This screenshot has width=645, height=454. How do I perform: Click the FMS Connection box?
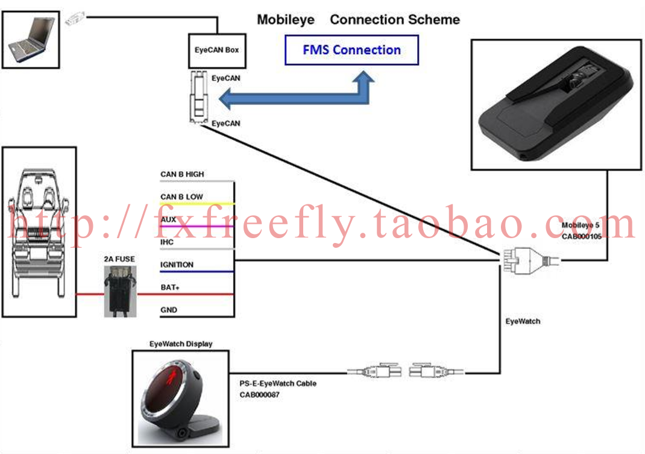351,50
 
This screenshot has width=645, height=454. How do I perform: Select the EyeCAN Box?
216,50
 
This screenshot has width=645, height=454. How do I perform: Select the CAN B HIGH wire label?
182,174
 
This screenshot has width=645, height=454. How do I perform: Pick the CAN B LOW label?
181,197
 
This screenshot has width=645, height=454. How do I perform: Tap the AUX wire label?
168,219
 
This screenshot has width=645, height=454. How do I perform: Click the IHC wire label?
168,242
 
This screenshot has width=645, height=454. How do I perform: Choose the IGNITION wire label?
177,265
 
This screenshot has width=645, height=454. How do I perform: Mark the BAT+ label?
170,288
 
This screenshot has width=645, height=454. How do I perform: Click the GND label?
169,310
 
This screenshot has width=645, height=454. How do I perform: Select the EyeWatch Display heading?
181,344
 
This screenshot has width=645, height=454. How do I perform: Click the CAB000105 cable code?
583,237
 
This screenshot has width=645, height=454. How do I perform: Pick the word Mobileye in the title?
286,20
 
